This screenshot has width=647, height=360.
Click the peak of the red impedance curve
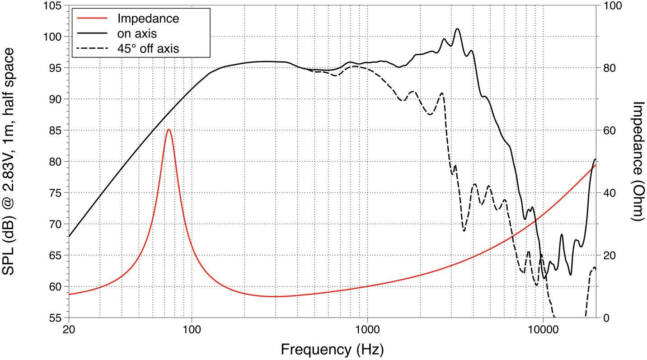(x=169, y=130)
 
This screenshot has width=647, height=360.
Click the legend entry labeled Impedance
(x=148, y=19)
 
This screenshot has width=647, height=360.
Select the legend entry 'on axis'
(x=137, y=33)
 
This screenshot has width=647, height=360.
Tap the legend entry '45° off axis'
(x=148, y=48)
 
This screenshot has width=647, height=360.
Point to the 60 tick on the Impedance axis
(x=607, y=130)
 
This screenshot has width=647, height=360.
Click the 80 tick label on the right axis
(x=607, y=68)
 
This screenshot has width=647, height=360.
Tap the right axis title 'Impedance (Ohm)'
(x=637, y=161)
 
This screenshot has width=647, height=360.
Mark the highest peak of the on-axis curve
(x=457, y=29)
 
